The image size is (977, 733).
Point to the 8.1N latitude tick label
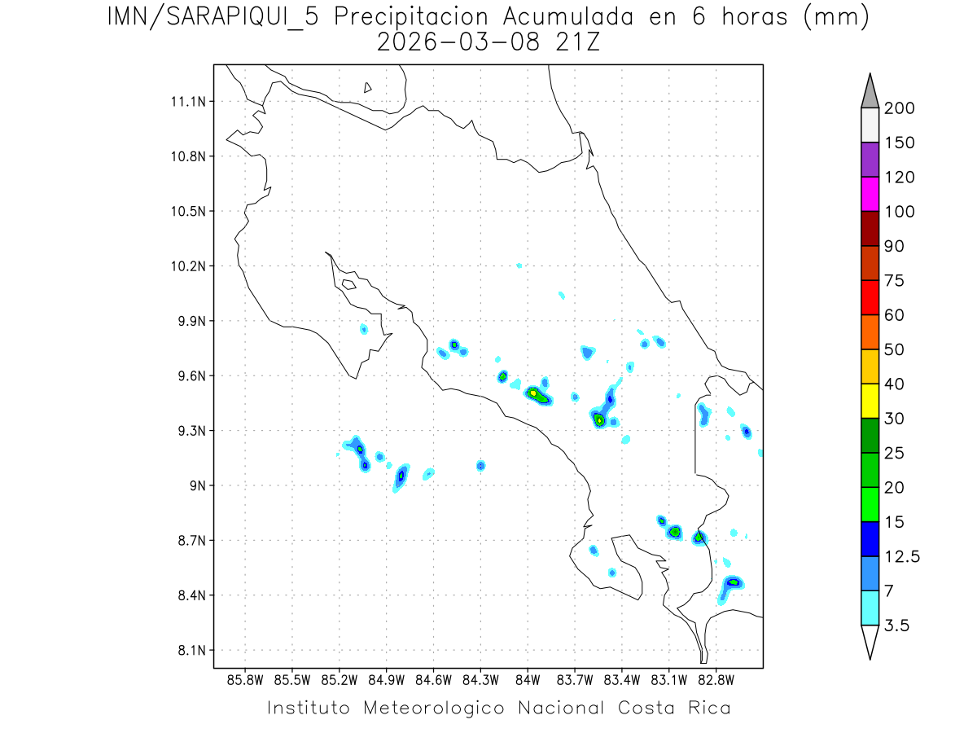click(190, 651)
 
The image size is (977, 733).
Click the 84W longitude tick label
click(528, 679)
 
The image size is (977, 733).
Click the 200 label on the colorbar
click(899, 108)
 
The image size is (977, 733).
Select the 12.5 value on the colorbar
click(902, 556)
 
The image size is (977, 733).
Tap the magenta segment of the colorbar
click(870, 194)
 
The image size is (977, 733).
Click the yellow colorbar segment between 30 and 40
click(870, 401)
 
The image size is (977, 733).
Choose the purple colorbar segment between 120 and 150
click(870, 160)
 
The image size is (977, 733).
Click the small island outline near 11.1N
click(368, 87)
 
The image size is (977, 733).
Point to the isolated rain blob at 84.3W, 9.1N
click(481, 466)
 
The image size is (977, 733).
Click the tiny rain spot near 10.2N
click(519, 266)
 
